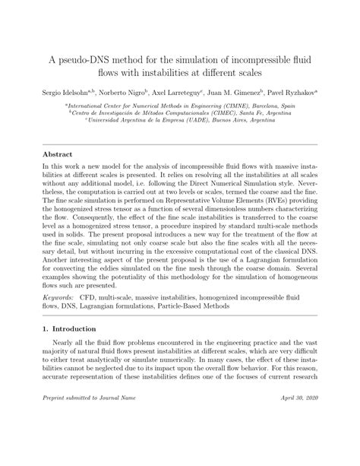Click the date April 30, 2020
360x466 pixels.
tap(298, 439)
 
